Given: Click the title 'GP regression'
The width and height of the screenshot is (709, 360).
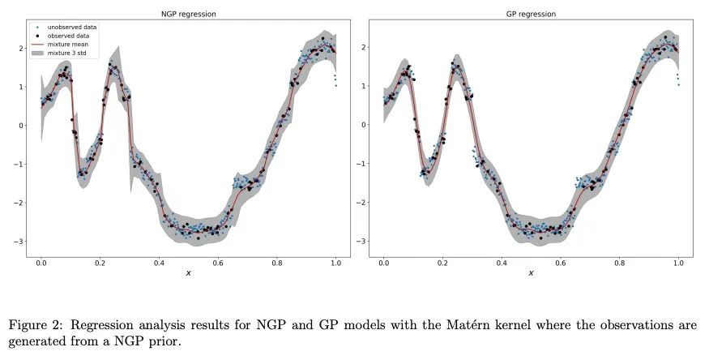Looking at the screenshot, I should click(x=532, y=14).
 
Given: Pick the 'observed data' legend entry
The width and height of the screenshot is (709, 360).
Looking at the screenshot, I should click(x=73, y=36).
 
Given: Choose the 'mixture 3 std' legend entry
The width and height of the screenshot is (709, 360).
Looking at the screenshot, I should click(x=75, y=54).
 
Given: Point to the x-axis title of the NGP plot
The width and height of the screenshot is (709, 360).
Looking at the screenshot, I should click(x=189, y=273).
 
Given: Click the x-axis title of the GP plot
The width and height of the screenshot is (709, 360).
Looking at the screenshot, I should click(x=532, y=273).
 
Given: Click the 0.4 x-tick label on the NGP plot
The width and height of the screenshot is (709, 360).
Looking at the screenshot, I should click(x=159, y=263).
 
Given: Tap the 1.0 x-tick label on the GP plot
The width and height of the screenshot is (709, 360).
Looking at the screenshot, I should click(x=679, y=263).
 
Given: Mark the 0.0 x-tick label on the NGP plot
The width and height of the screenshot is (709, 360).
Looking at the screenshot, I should click(x=41, y=263).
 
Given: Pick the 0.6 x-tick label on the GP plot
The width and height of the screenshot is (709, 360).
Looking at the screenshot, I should click(x=561, y=263).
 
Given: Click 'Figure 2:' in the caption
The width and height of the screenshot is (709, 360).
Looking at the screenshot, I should click(x=36, y=325).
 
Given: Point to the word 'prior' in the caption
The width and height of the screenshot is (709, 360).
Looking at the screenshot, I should click(x=165, y=341).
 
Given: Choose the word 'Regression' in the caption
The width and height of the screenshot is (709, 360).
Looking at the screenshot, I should click(x=101, y=326).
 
